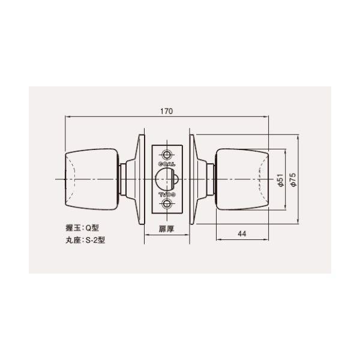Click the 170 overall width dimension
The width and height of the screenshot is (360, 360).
point(167,110)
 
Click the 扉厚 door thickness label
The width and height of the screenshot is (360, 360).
point(167,229)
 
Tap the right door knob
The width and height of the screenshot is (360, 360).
point(242,179)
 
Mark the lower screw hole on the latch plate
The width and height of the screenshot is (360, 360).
point(167,206)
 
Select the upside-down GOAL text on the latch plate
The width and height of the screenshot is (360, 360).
point(167,196)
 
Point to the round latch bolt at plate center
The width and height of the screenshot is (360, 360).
point(164,179)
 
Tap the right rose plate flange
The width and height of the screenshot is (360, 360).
point(194,179)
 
